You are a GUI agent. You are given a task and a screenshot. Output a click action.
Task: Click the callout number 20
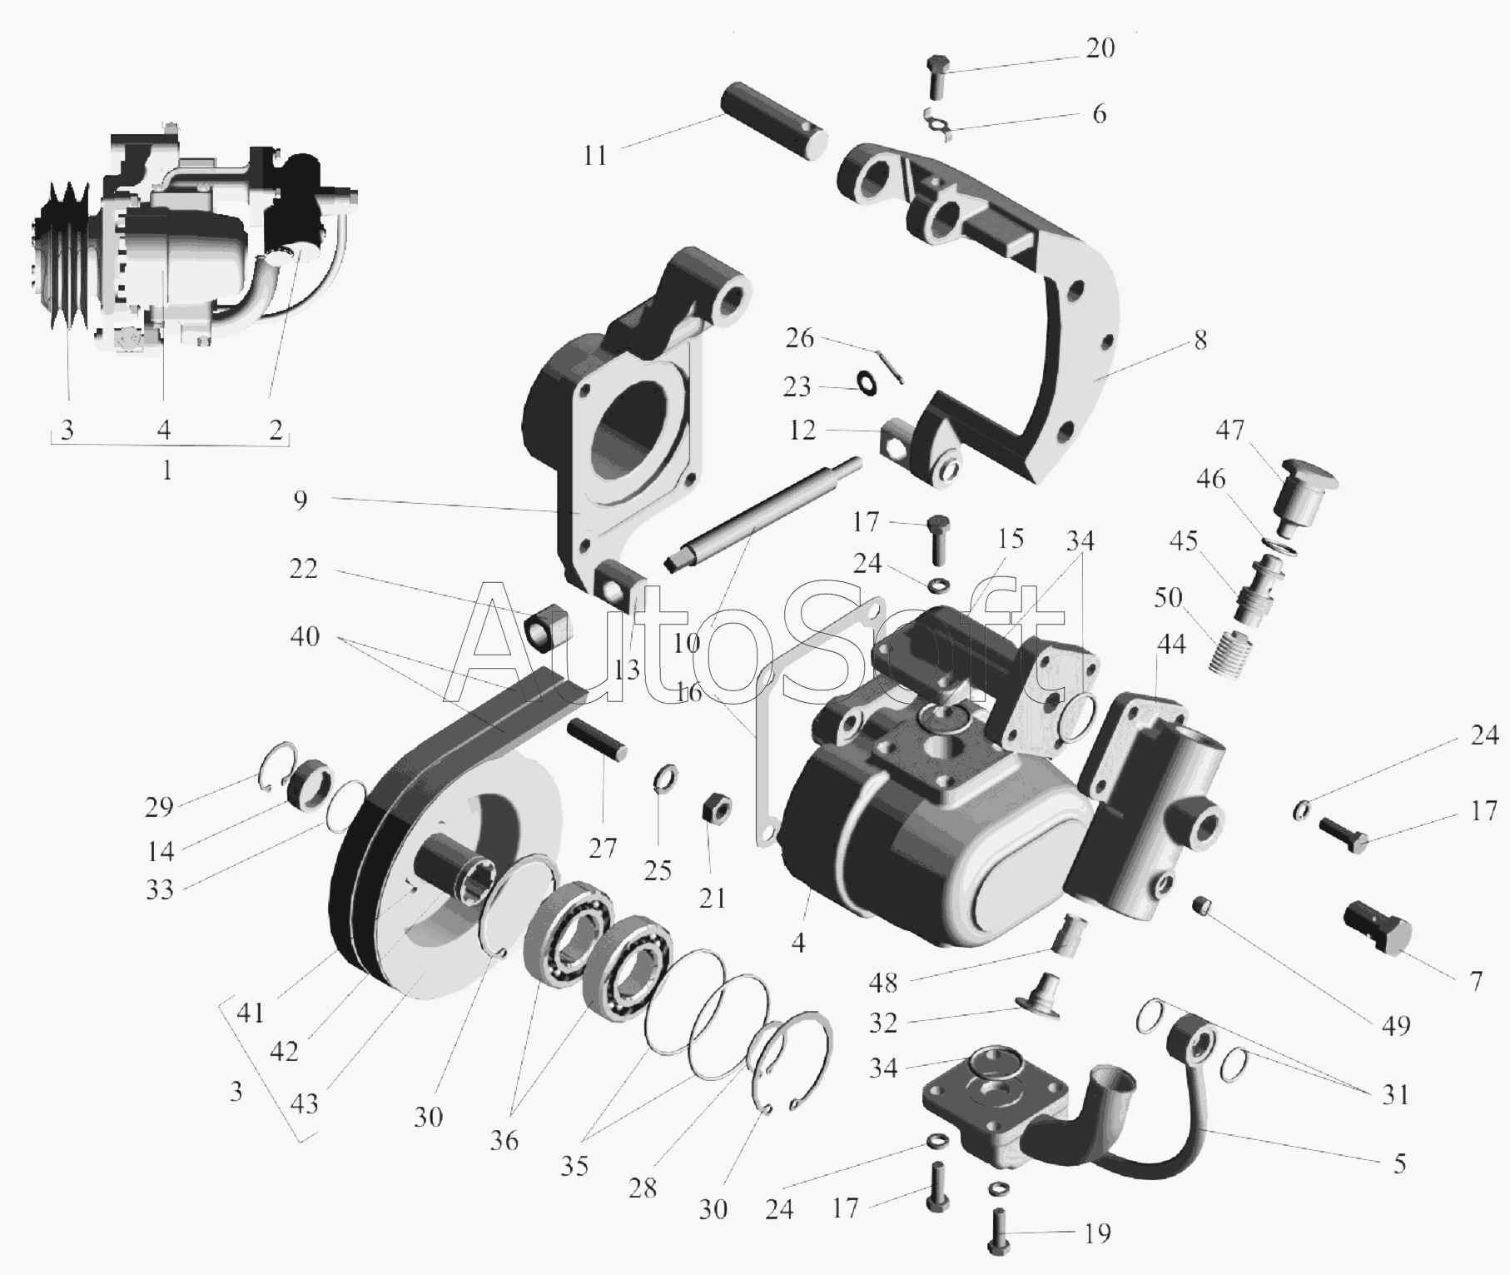pos(1100,49)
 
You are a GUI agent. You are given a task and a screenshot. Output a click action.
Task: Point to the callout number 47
pos(1229,430)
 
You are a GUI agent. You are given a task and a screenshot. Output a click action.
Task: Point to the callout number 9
pos(301,501)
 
